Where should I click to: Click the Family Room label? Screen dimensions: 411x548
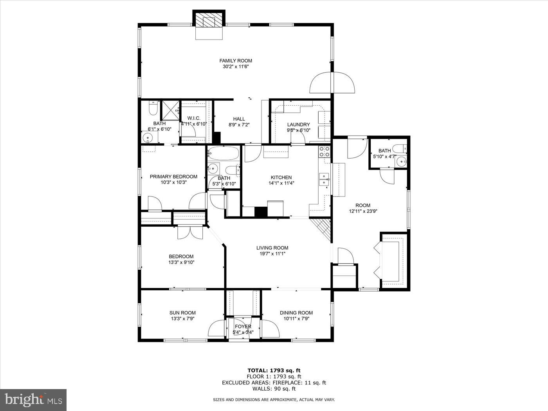point(235,61)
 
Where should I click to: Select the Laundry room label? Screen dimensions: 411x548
point(298,124)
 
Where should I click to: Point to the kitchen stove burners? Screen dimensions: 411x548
point(324,151)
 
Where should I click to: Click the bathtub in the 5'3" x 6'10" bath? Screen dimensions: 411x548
point(223,153)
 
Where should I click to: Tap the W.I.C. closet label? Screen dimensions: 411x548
point(194,118)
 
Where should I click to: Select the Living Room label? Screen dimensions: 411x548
point(272,248)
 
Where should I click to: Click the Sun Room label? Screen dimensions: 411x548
point(182,313)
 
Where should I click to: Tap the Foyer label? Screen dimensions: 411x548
point(243,326)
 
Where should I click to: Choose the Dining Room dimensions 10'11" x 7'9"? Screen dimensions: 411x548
point(296,319)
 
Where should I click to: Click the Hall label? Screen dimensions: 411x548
point(239,119)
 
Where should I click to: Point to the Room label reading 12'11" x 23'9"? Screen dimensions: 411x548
point(362,205)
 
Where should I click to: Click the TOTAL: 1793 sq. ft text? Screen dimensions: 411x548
point(274,370)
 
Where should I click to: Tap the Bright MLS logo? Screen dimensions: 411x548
point(33,400)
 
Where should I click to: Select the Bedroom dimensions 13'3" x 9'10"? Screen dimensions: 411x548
point(178,262)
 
